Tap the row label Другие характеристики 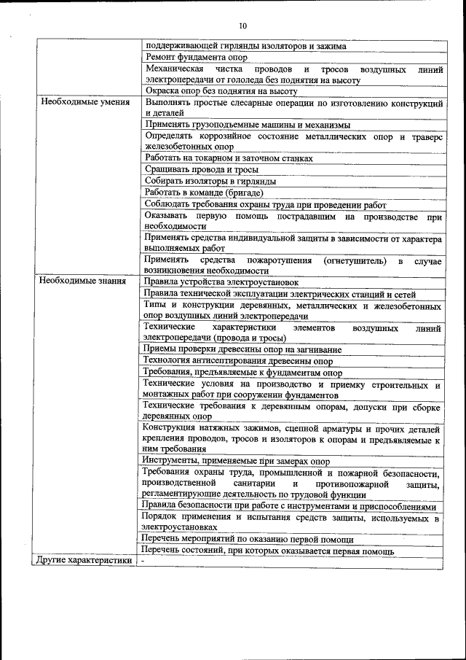coord(85,561)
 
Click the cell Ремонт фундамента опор coord(196,57)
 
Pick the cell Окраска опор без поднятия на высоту coord(221,91)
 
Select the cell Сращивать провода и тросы coord(197,169)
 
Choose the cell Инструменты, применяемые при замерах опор coord(237,462)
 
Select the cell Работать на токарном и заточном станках coord(229,158)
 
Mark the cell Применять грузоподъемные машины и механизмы coord(247,125)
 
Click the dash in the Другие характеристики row coord(144,562)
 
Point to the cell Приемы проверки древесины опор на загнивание coord(242,349)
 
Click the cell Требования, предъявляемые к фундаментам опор coord(242,372)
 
